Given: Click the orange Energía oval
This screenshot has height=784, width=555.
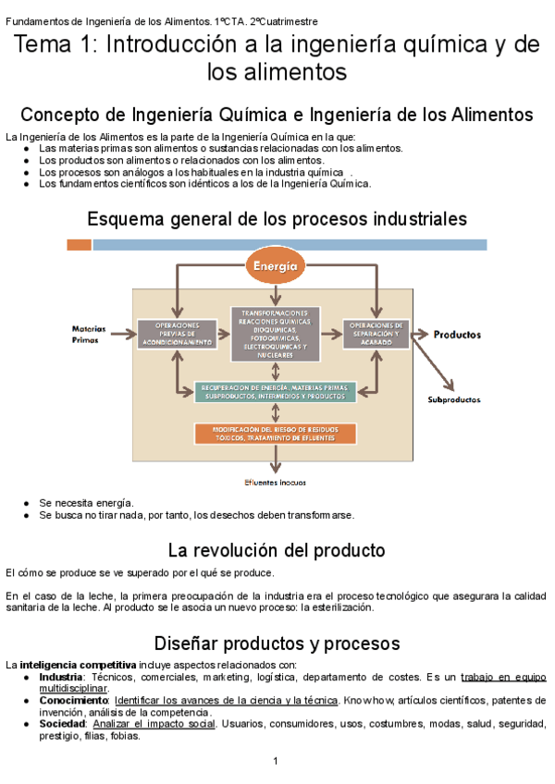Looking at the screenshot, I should [275, 267].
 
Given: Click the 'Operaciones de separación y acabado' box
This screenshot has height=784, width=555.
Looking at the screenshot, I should [376, 334].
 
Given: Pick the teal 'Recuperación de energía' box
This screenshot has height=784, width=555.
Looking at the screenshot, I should [275, 390].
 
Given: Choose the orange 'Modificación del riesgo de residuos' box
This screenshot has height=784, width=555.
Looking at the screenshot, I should [275, 435].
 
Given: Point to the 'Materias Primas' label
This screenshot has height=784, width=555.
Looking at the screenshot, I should [89, 334].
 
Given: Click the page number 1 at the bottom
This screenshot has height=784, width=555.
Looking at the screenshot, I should [276, 761].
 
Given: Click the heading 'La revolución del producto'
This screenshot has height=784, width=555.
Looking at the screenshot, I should [276, 551].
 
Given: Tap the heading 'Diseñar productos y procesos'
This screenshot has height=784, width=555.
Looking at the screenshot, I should [276, 643].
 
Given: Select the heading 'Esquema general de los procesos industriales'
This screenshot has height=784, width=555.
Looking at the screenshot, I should [276, 219].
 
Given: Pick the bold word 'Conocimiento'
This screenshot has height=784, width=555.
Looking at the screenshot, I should [73, 701].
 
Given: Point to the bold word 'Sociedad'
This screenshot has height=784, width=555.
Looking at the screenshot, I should [62, 724].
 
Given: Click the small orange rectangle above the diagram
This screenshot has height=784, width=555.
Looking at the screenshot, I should [79, 245].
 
